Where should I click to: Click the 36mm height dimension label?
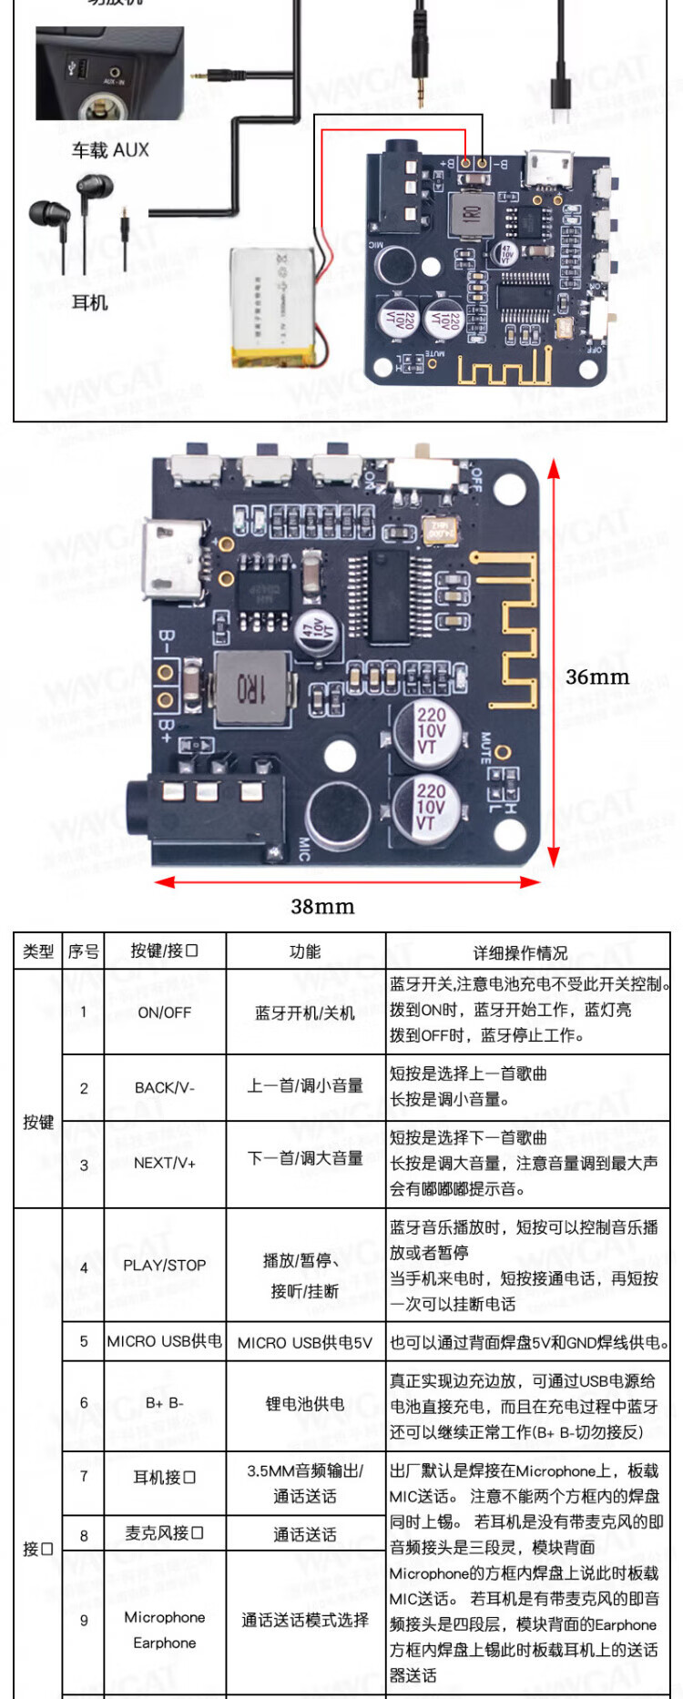coord(597,677)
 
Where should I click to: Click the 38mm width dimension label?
coord(322,906)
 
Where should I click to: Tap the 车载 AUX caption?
coord(110,150)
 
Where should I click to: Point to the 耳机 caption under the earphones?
coord(89,302)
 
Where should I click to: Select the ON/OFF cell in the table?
coord(165,1012)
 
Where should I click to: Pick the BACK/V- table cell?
coord(165,1087)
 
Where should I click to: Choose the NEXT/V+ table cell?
coord(165,1163)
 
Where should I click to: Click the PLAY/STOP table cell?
coord(165,1265)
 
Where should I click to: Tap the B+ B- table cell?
coord(165,1403)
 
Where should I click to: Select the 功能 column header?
coord(305,951)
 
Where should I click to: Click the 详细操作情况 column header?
coord(520,952)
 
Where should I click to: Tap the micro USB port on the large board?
coord(169,561)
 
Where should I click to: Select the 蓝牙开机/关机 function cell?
coord(305,1012)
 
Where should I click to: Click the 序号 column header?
coord(84,951)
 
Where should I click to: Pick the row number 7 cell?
coord(84,1476)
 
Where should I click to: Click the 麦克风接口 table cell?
coord(165,1533)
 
